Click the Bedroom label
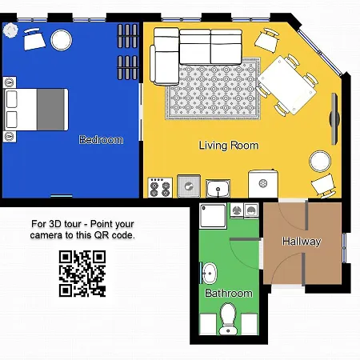[101, 140]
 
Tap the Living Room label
[229, 146]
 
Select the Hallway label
[302, 241]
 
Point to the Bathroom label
[229, 293]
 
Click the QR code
[82, 274]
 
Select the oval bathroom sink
[210, 272]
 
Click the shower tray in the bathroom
[213, 217]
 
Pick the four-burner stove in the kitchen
[159, 187]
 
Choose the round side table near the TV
[320, 162]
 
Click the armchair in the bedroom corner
[35, 39]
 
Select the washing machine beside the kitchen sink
[262, 183]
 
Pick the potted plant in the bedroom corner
[10, 30]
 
